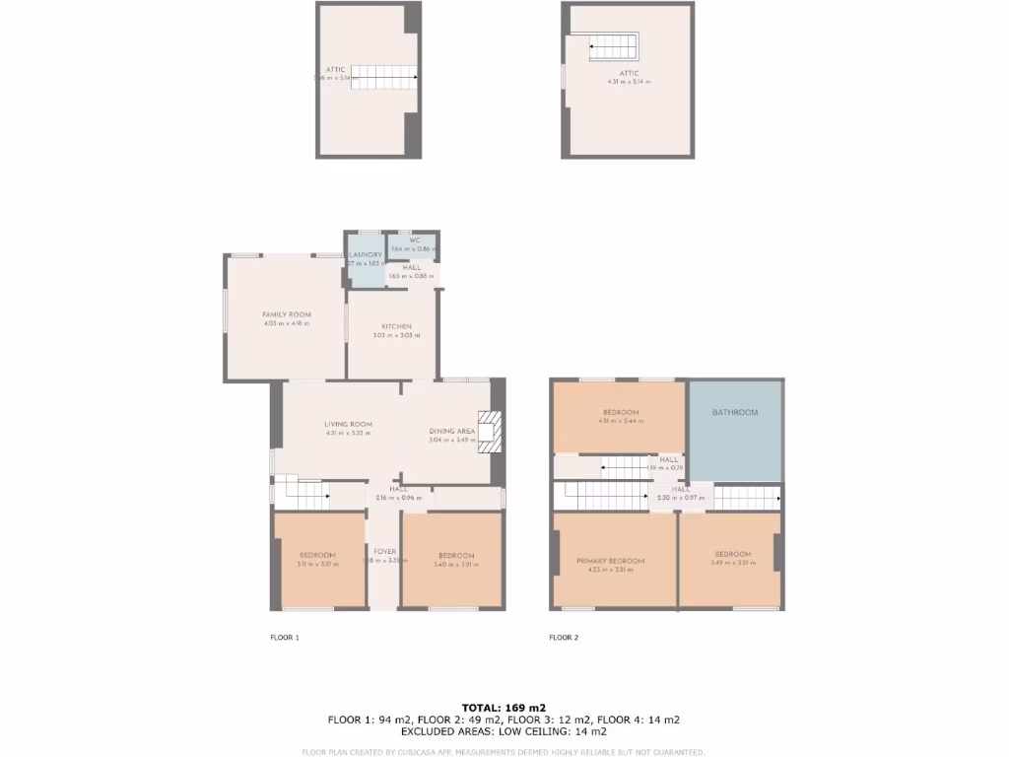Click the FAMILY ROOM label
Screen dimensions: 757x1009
[287, 314]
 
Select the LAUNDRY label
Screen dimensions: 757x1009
[365, 255]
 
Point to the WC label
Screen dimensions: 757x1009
[415, 240]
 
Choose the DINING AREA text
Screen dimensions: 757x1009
[452, 431]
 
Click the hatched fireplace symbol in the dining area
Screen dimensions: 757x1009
[490, 432]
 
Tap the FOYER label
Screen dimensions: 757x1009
[384, 551]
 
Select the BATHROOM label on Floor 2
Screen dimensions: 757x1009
[735, 412]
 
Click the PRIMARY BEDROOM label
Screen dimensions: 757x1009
[610, 561]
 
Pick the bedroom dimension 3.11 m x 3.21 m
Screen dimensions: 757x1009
[317, 565]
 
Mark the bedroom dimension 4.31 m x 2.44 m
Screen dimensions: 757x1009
[621, 421]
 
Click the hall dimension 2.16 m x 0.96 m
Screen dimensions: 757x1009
[398, 498]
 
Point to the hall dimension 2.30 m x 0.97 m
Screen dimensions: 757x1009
[680, 498]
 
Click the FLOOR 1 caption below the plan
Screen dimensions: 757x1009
[284, 638]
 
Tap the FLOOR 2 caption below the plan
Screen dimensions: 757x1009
[564, 638]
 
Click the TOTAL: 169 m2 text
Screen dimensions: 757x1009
[504, 707]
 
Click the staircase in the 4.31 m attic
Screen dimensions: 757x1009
[614, 46]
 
